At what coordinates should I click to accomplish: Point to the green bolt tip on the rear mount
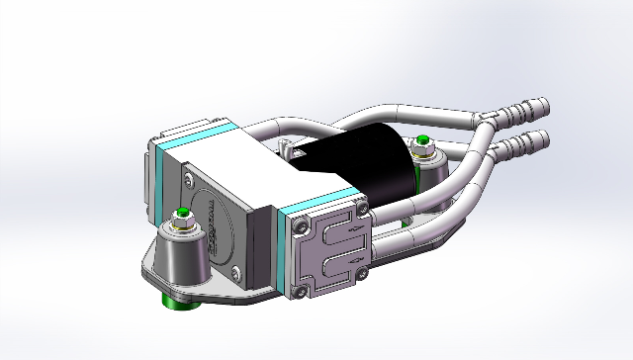pyautogui.click(x=422, y=138)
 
